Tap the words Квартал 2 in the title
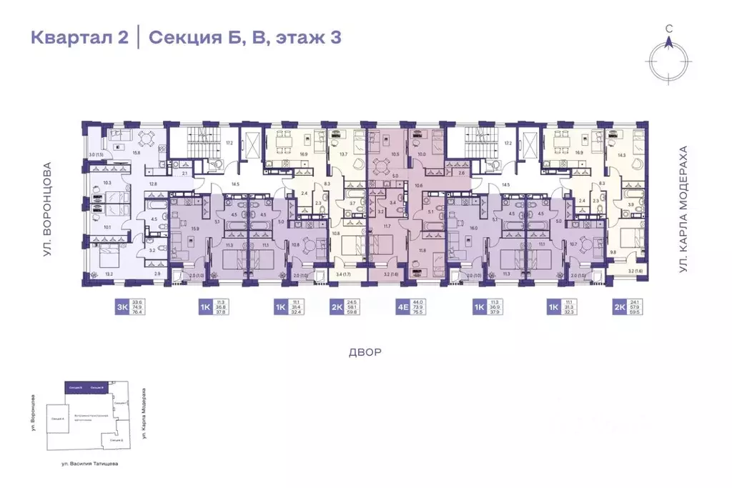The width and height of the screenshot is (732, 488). tap(79, 37)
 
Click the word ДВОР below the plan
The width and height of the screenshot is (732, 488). tap(366, 352)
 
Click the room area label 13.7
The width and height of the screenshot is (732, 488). tap(343, 154)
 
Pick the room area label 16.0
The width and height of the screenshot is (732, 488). tap(473, 229)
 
